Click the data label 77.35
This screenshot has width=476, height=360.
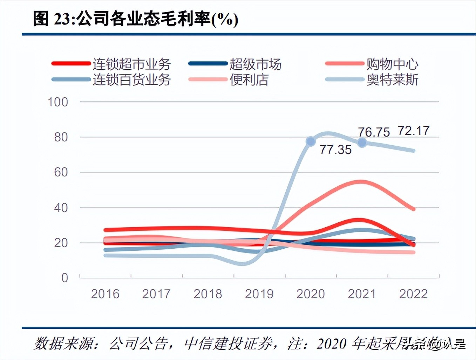pyautogui.click(x=335, y=150)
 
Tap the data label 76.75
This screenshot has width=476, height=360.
pyautogui.click(x=374, y=132)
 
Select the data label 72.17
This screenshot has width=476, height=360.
pyautogui.click(x=414, y=131)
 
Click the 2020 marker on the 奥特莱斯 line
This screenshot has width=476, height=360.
pyautogui.click(x=311, y=141)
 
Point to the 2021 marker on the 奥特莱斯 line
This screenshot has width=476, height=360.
pyautogui.click(x=362, y=143)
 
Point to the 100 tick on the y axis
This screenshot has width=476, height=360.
pyautogui.click(x=58, y=102)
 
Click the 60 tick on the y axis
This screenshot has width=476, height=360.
pyautogui.click(x=61, y=172)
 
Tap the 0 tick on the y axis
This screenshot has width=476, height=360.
pyautogui.click(x=64, y=278)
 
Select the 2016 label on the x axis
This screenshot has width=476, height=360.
pyautogui.click(x=105, y=294)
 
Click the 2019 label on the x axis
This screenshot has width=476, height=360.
pyautogui.click(x=259, y=294)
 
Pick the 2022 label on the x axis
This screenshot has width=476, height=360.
pyautogui.click(x=413, y=294)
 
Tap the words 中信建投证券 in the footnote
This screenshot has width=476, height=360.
pyautogui.click(x=228, y=344)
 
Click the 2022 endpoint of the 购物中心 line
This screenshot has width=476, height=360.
pyautogui.click(x=414, y=209)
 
